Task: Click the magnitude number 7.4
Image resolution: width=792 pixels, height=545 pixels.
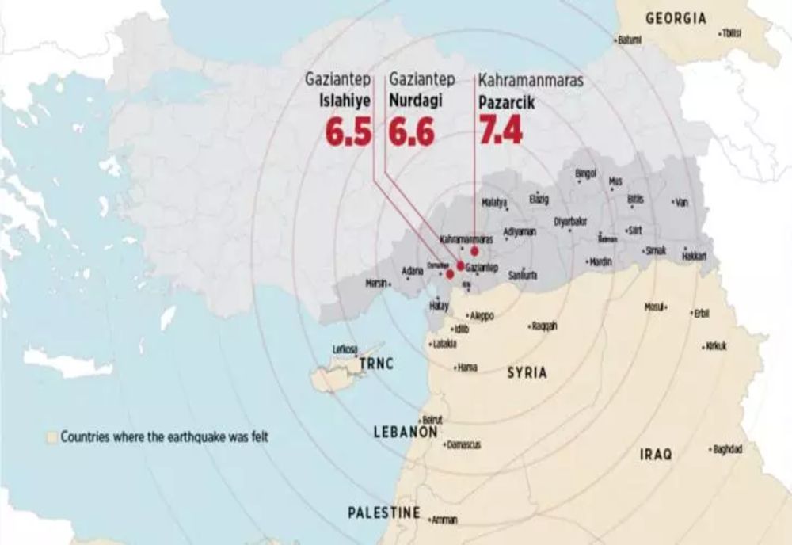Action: tap(501, 131)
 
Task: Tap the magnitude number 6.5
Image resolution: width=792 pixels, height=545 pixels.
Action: tap(348, 132)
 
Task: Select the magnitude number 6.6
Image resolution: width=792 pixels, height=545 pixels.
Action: tap(411, 132)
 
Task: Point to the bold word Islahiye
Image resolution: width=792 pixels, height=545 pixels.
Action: tap(345, 102)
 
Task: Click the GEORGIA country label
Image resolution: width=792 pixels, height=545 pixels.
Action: tap(676, 18)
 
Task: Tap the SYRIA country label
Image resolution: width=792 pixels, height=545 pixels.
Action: tap(527, 372)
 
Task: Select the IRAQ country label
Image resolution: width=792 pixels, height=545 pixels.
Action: tap(656, 455)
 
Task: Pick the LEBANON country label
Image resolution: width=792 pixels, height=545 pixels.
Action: tap(406, 433)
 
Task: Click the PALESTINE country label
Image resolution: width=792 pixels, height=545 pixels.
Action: tap(384, 513)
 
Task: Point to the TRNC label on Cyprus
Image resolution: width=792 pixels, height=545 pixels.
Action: tap(376, 365)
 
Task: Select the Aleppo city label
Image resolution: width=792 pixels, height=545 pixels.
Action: tap(482, 315)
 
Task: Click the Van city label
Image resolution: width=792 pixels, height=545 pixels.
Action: tap(681, 203)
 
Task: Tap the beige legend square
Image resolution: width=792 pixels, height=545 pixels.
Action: tap(52, 436)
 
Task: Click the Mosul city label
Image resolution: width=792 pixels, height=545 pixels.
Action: tap(653, 306)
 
